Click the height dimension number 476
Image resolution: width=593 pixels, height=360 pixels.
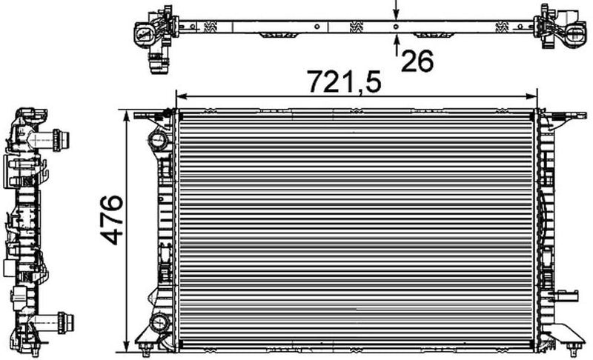pyautogui.click(x=111, y=220)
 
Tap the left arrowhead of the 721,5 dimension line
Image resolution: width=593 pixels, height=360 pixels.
pyautogui.click(x=179, y=96)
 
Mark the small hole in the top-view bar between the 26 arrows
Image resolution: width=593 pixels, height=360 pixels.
pyautogui.click(x=396, y=27)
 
